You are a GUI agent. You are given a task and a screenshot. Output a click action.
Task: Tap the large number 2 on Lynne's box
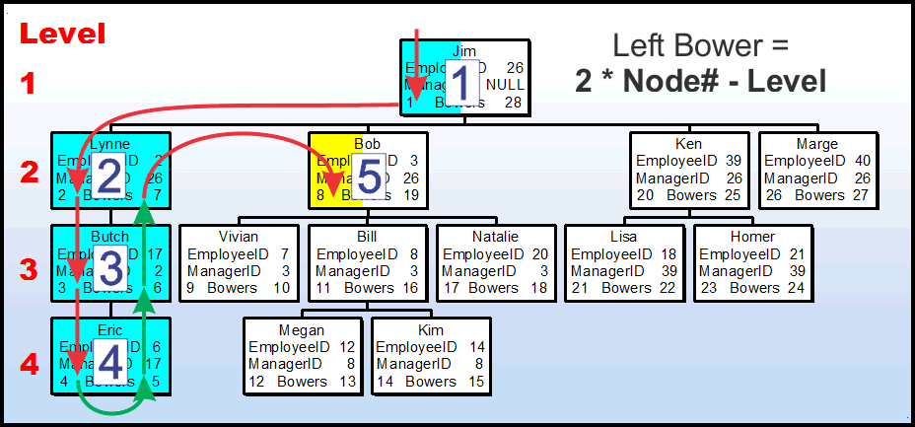[x=109, y=177]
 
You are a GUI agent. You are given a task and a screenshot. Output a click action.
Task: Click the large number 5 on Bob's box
[x=368, y=178]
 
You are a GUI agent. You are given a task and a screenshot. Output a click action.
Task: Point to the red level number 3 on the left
[x=30, y=269]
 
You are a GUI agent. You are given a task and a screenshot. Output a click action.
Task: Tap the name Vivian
[x=238, y=237]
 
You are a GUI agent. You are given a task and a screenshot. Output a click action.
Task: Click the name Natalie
[x=496, y=237]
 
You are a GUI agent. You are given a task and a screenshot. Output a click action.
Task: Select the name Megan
[x=302, y=330]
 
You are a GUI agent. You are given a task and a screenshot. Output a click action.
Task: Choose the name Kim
[x=430, y=330]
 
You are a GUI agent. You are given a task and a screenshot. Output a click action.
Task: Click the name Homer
[x=752, y=237]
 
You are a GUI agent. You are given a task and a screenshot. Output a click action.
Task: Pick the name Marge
[x=817, y=143]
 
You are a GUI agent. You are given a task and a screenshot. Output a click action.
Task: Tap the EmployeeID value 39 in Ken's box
[x=732, y=160]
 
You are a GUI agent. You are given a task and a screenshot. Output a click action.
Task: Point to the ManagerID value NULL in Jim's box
[x=506, y=85]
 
